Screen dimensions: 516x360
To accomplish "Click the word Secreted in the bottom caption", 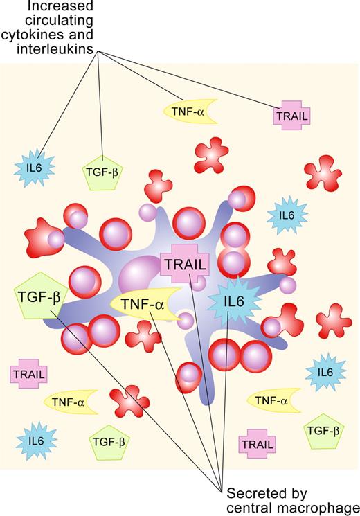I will point(251,492).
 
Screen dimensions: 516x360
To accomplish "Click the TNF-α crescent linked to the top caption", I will point(189,110).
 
